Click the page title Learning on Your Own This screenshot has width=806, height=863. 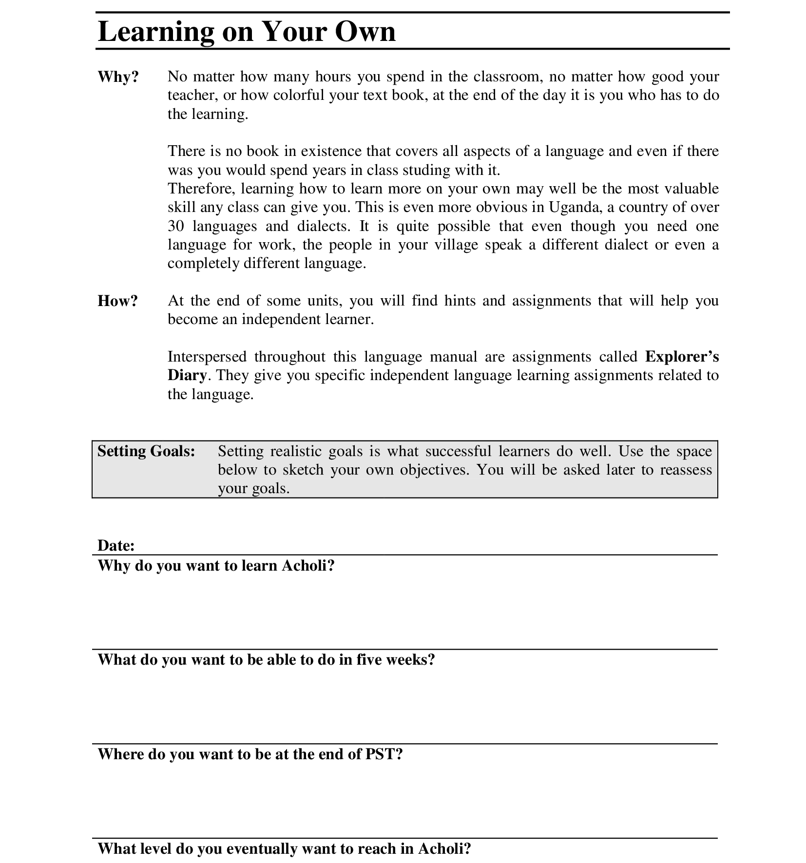[247, 32]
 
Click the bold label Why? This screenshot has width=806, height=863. [118, 77]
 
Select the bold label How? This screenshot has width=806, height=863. [118, 301]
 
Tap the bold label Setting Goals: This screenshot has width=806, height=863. [146, 451]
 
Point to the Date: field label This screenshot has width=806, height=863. [116, 545]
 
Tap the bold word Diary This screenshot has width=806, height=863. [187, 375]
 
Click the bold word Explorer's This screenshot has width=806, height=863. [682, 357]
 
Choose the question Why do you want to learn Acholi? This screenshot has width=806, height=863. [216, 565]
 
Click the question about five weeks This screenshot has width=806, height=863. [266, 660]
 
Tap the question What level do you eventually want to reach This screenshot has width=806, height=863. [284, 849]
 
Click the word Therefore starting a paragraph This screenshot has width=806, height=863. [200, 189]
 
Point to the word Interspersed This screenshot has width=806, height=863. [207, 357]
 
